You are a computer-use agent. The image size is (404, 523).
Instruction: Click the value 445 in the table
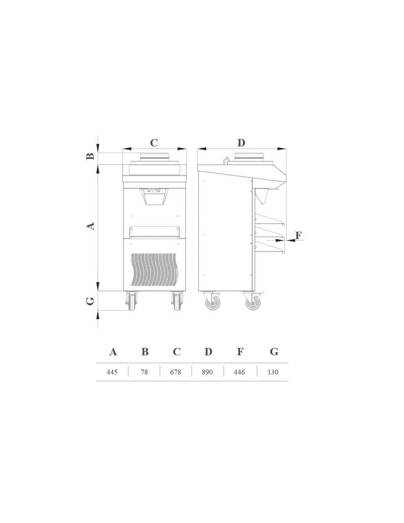pos(112,372)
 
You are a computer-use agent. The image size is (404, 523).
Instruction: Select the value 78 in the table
pos(144,372)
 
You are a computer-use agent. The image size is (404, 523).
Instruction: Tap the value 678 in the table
pos(176,372)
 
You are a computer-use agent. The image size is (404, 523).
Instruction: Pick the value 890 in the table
pos(207,372)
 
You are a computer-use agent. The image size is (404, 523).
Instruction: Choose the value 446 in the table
pos(239,372)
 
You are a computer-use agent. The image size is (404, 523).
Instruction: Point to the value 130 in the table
pos(273,372)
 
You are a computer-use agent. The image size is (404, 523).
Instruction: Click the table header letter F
pos(240,352)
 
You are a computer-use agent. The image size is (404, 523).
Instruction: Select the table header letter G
pos(274,352)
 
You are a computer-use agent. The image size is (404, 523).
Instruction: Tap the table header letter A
pos(113,352)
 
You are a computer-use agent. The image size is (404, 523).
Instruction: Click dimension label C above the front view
pos(154,143)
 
